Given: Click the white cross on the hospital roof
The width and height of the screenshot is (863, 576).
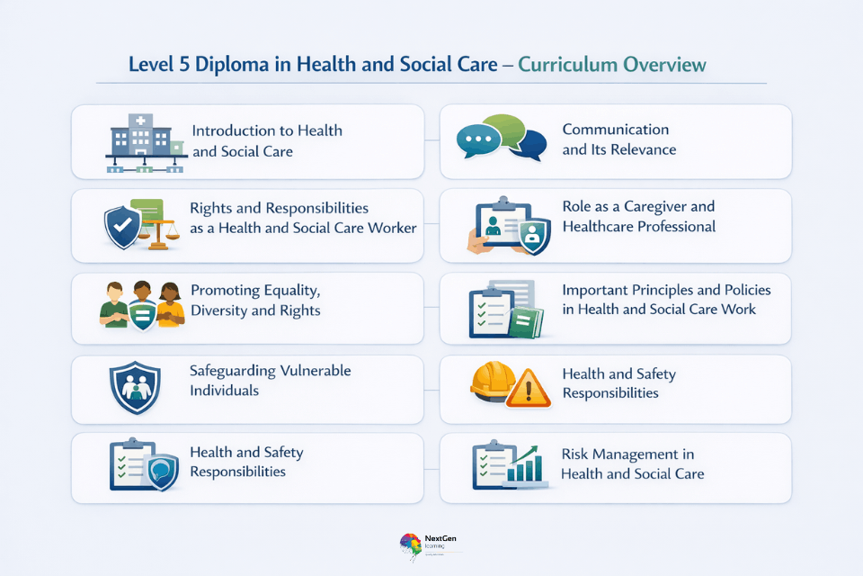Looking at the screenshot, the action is (x=140, y=121).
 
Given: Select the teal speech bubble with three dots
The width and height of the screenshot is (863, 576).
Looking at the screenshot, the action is (x=477, y=140).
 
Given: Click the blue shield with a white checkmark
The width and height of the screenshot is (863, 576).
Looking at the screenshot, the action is (x=123, y=227).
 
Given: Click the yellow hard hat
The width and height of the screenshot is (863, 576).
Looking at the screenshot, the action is (x=492, y=381).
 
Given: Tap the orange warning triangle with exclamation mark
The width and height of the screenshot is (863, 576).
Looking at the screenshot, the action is (x=529, y=389).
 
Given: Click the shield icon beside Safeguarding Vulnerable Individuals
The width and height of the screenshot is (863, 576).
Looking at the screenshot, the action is (x=135, y=388).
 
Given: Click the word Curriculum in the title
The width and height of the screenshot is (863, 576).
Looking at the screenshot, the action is (x=567, y=65).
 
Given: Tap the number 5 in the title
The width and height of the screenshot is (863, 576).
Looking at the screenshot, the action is (x=184, y=65).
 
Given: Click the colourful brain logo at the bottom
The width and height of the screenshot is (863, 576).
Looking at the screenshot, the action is (x=411, y=545).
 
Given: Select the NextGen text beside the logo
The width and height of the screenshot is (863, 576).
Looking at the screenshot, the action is (x=440, y=538).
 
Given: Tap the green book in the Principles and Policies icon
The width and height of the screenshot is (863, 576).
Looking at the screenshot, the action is (x=526, y=322).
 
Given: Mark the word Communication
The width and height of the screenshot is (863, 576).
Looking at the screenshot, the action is (x=615, y=130).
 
